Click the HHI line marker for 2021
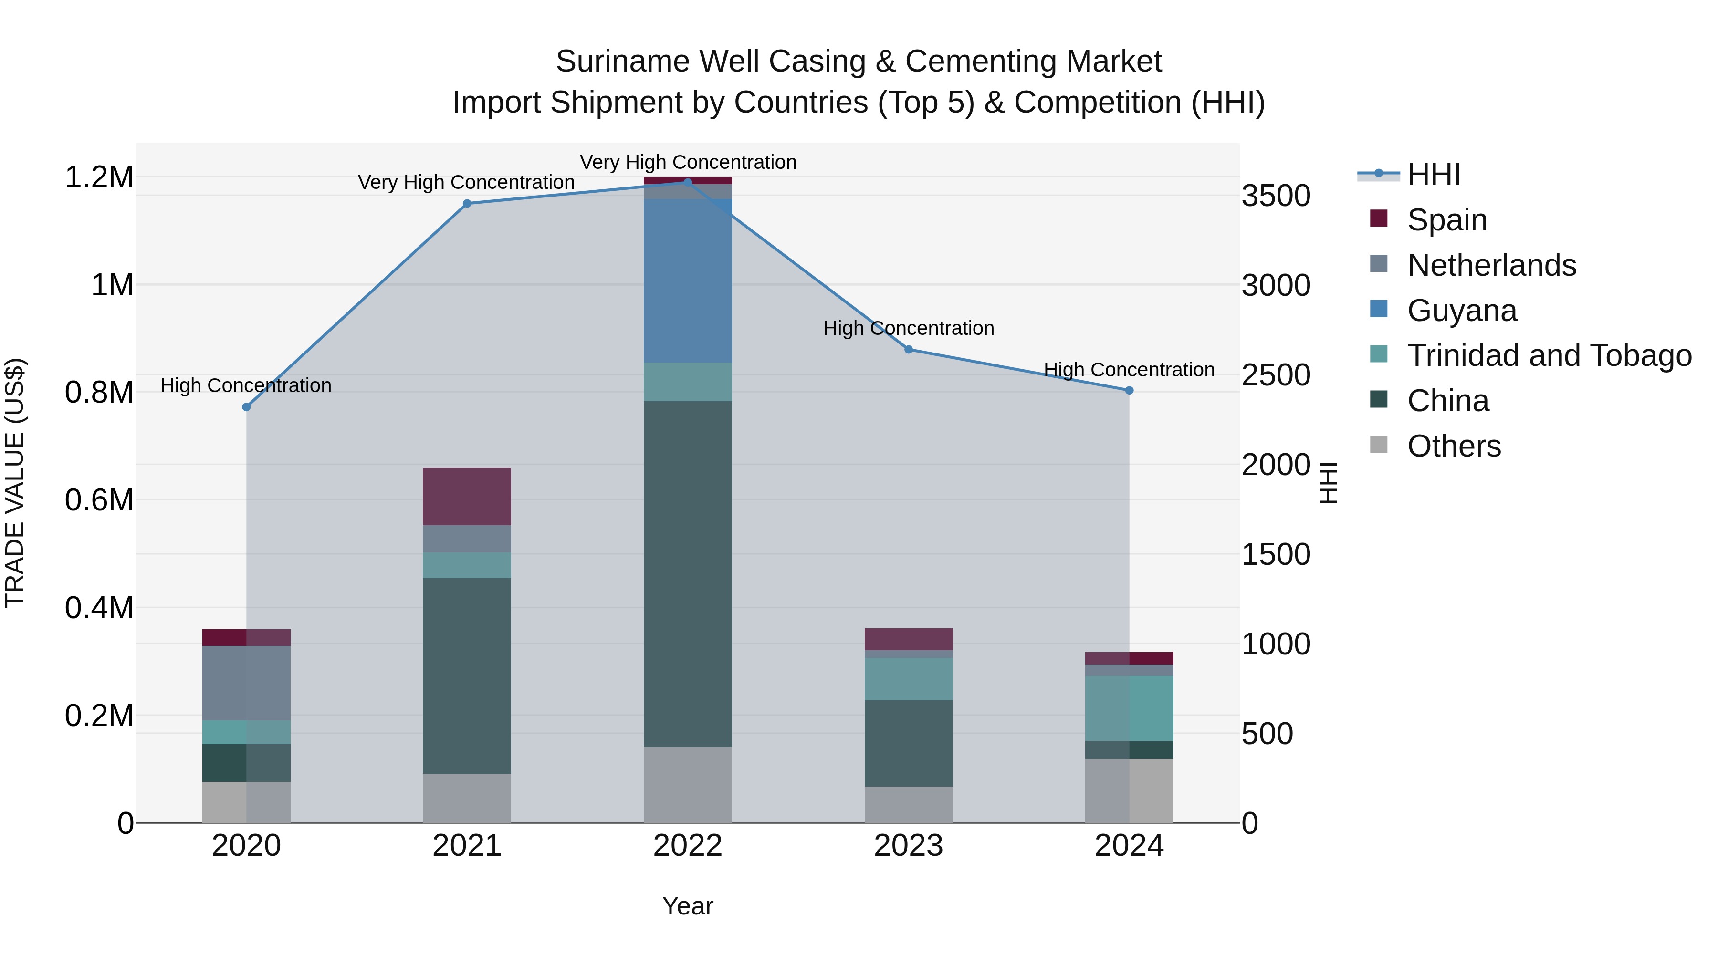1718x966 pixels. pos(467,203)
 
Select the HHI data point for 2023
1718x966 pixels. pos(908,349)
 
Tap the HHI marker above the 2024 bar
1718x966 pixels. pos(1129,391)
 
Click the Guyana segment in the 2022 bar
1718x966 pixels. pos(688,280)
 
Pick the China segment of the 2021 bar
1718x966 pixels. pos(467,675)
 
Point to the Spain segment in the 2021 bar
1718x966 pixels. pos(467,496)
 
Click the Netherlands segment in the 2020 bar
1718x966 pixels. pos(246,683)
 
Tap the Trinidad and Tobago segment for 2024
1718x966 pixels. pos(1129,708)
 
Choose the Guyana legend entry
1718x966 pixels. pos(1461,311)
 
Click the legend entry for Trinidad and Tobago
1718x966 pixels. pos(1549,355)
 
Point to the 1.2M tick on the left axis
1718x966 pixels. pos(99,177)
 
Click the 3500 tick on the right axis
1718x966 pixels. pos(1276,196)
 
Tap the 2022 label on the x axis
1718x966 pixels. pos(688,846)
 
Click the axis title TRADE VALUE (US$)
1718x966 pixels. pos(15,483)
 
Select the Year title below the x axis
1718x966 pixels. pos(688,906)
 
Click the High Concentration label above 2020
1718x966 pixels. pos(246,385)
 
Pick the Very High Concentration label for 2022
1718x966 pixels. pos(688,162)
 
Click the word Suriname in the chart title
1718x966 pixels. pos(622,62)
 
